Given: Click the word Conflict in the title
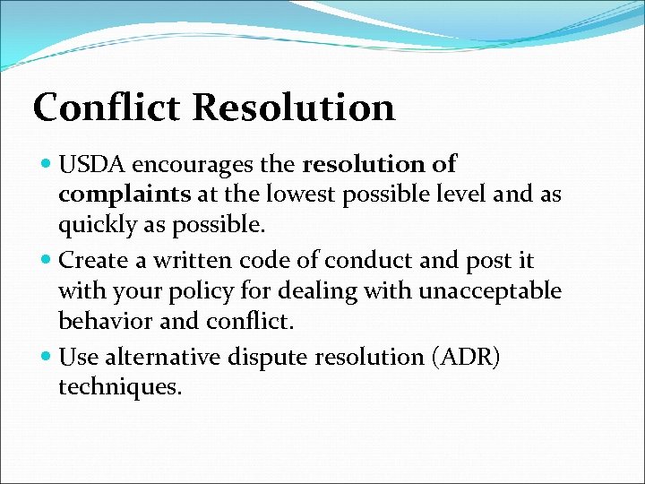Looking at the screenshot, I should tap(107, 107).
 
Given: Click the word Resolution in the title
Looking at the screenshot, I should tap(293, 107).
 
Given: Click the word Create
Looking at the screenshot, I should tap(90, 261).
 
